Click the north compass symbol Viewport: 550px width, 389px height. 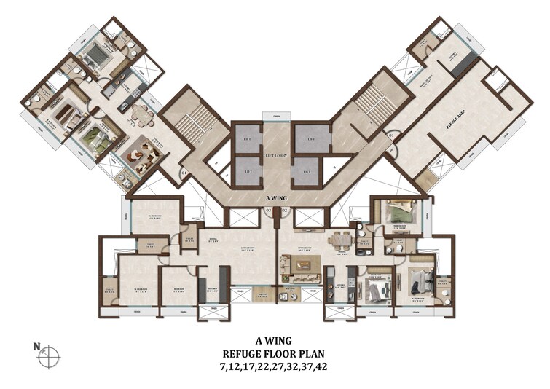pos(49,356)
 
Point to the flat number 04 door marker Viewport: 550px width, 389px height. pos(184,172)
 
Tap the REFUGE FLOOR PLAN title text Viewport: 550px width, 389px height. pos(275,353)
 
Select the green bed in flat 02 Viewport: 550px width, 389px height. pos(397,213)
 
